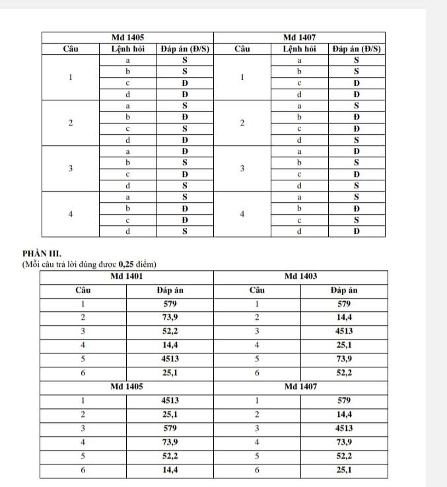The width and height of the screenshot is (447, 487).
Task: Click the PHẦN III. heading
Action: (x=42, y=253)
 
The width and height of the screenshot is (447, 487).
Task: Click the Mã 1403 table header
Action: (x=300, y=275)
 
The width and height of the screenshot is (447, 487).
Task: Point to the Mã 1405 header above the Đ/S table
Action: (x=127, y=37)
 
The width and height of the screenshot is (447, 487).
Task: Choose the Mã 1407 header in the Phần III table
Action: (x=300, y=385)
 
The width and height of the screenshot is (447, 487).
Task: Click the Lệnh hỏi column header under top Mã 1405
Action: (x=127, y=49)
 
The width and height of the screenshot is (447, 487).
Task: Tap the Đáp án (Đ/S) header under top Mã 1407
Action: (x=357, y=49)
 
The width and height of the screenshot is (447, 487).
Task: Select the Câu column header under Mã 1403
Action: (x=257, y=290)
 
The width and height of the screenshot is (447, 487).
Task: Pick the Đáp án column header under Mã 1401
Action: (x=170, y=290)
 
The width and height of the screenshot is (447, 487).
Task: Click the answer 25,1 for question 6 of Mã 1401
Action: (x=170, y=373)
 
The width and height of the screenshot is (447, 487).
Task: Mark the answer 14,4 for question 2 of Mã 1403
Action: (x=344, y=318)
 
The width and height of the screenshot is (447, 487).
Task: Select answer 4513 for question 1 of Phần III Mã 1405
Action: (x=170, y=400)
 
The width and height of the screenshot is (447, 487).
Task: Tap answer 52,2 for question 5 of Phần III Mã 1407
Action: (x=344, y=456)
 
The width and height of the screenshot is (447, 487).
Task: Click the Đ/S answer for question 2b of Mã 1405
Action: (x=185, y=117)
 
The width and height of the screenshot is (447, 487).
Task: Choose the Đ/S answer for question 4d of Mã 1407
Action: (x=357, y=232)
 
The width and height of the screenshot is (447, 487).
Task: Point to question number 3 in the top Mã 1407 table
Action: (x=242, y=169)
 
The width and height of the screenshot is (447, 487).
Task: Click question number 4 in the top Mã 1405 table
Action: (x=70, y=214)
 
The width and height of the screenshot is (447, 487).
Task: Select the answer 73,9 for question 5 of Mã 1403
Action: (x=344, y=359)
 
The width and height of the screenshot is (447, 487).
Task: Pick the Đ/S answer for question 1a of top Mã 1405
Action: (x=185, y=60)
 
